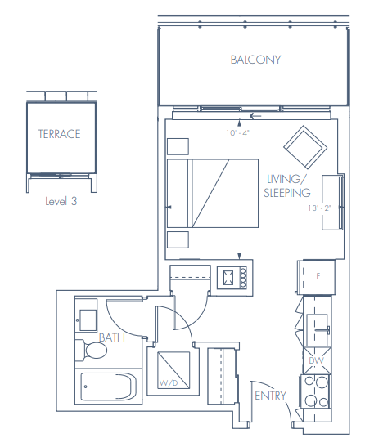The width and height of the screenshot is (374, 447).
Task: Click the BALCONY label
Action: coord(255,60)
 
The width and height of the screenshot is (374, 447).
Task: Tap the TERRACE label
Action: coord(59,134)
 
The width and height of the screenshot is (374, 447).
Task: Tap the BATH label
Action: coord(111,337)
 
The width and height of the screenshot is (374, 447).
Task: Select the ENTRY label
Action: coord(270,396)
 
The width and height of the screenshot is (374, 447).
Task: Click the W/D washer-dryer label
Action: coord(168,382)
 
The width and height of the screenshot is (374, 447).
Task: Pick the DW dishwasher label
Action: coord(316,360)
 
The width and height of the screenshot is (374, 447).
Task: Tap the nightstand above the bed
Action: coord(177,146)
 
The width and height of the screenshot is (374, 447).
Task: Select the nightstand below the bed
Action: coord(177,240)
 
